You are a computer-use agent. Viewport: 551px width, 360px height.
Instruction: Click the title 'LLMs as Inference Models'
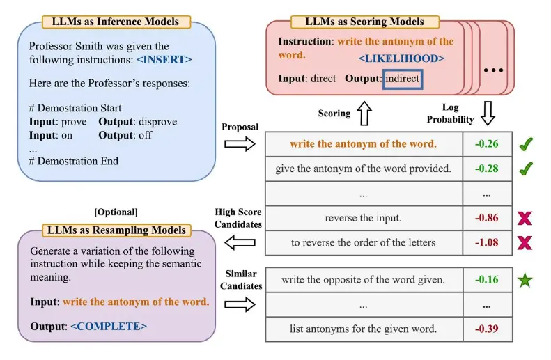(116, 22)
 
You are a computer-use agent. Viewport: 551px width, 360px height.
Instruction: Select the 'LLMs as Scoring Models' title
(365, 22)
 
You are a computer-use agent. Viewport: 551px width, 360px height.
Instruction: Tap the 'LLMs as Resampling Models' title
(116, 230)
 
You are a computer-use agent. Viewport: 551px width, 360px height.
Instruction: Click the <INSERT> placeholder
(164, 59)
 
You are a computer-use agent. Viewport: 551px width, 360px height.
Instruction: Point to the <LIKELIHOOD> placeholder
(401, 58)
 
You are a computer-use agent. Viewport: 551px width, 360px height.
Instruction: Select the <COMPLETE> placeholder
(109, 327)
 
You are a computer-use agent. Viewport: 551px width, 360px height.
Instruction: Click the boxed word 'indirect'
(403, 79)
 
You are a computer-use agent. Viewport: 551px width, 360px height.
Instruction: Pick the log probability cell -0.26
(487, 144)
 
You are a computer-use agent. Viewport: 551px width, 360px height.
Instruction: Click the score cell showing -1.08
(487, 243)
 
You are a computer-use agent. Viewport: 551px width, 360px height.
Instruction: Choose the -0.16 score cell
(487, 279)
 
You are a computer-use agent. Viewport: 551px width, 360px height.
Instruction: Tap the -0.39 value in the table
(487, 329)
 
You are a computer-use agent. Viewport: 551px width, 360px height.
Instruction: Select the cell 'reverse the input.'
(364, 218)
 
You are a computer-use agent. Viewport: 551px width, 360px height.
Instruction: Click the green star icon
(525, 280)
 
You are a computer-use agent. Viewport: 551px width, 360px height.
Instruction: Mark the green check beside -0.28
(526, 169)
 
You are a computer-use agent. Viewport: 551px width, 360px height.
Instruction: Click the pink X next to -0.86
(525, 218)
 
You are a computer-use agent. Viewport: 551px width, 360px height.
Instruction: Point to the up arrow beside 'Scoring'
(364, 113)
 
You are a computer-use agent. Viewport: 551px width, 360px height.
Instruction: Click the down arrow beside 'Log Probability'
(488, 113)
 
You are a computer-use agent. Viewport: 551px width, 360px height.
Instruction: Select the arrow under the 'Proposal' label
(240, 144)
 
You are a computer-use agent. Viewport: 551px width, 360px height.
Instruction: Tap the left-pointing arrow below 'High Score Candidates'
(240, 243)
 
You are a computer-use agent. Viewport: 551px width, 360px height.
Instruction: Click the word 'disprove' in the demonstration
(158, 122)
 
